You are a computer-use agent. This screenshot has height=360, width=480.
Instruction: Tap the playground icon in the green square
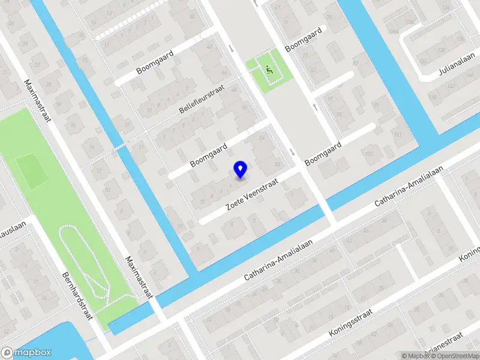click(x=269, y=70)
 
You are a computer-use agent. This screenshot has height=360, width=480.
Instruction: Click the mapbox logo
click(x=26, y=353)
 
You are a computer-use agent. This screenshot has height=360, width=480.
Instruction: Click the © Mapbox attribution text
click(x=413, y=356)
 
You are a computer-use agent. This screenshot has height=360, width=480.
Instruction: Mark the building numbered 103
click(x=368, y=154)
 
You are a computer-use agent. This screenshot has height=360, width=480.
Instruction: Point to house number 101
click(x=397, y=135)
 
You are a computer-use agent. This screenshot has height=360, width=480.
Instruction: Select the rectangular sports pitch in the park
click(x=32, y=170)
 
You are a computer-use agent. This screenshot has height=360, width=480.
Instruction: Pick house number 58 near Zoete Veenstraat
click(x=277, y=164)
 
